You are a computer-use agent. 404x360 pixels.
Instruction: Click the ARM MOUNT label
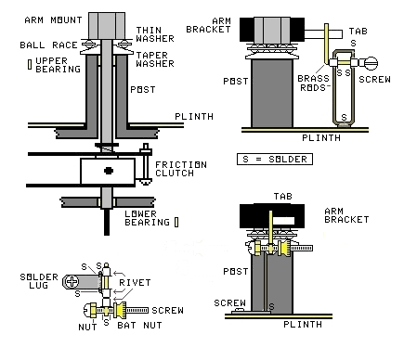(53, 20)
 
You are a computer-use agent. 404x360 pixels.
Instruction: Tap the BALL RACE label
(48, 45)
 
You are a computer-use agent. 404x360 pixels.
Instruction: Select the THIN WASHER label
(155, 34)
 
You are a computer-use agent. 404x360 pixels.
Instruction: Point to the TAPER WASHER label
(155, 59)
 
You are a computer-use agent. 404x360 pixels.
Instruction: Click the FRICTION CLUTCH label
(181, 169)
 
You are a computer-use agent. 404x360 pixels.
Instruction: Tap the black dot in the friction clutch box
(109, 171)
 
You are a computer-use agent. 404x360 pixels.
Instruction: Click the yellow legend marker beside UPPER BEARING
(30, 64)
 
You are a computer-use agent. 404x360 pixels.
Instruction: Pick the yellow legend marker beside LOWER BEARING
(176, 222)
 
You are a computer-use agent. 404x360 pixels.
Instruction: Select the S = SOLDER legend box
(275, 160)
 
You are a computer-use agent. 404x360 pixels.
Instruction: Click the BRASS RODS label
(313, 84)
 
